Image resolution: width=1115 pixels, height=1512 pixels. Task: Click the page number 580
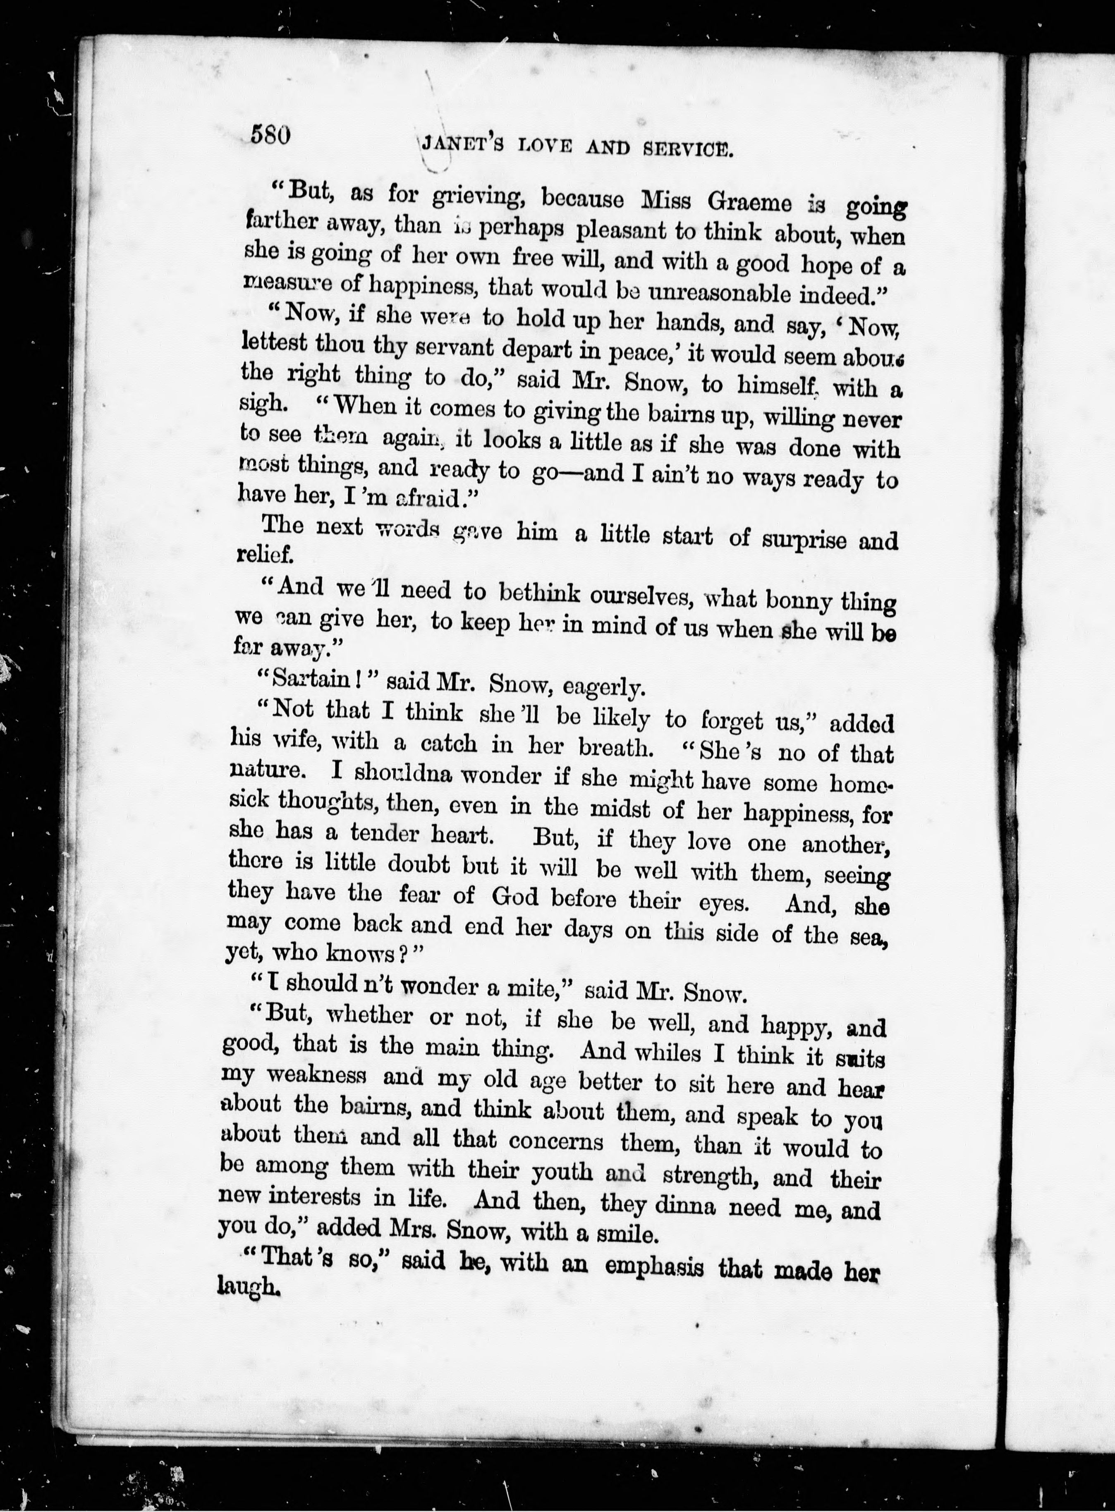click(270, 134)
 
